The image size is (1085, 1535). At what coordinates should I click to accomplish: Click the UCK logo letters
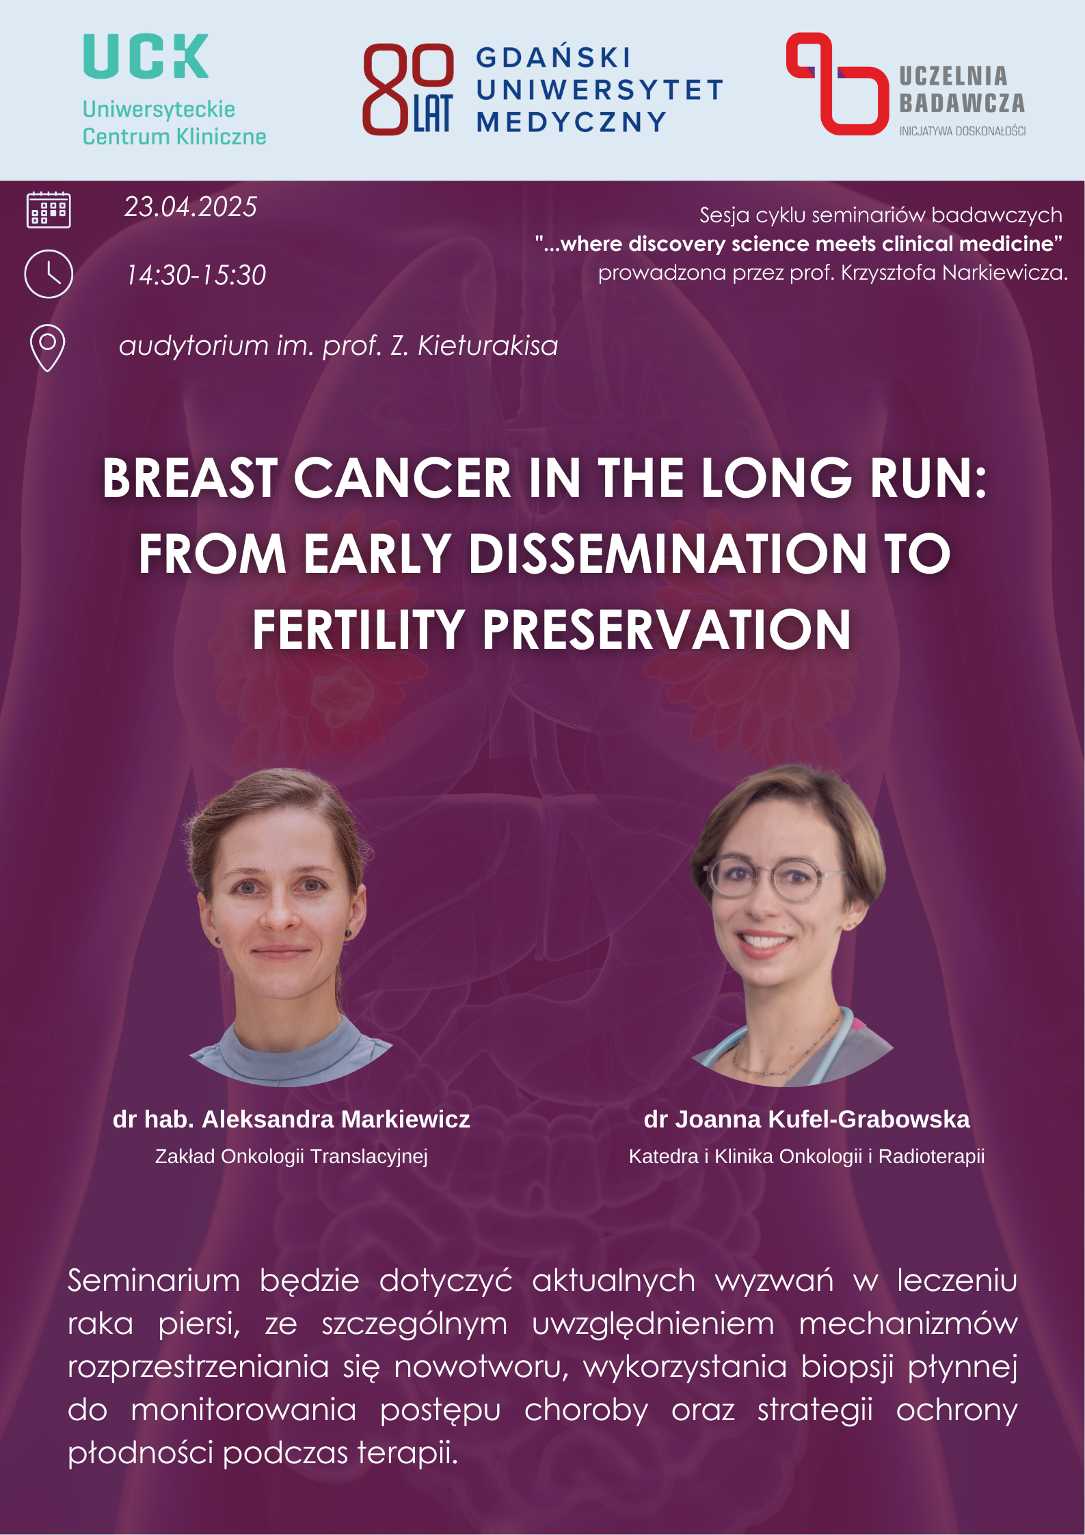pos(146,56)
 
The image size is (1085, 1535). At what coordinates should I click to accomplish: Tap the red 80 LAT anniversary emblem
pos(407,89)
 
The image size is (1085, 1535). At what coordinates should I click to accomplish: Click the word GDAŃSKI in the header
pos(553,58)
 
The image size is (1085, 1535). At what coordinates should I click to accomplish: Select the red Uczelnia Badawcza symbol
pos(838,83)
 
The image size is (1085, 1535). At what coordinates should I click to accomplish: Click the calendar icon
pos(49,209)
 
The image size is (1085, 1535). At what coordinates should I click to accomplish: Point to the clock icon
pos(49,274)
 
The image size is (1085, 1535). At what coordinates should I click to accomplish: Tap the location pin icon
pos(48,348)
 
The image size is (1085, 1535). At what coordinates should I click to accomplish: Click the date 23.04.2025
pos(191,206)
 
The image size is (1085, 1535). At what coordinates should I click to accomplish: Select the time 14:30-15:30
pos(196,275)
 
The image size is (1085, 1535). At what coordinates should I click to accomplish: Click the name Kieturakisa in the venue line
pos(488,345)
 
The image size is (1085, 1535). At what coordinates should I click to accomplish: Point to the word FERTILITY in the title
pos(359,630)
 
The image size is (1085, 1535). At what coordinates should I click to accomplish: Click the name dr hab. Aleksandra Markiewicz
pos(291,1119)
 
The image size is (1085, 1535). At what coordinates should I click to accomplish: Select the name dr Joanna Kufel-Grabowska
pos(807,1119)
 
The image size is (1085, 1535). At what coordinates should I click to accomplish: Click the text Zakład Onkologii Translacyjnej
pos(291,1156)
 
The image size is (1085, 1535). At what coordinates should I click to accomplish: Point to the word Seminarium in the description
pos(154,1281)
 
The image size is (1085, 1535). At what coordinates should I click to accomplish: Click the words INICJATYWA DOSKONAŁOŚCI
pos(963,131)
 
